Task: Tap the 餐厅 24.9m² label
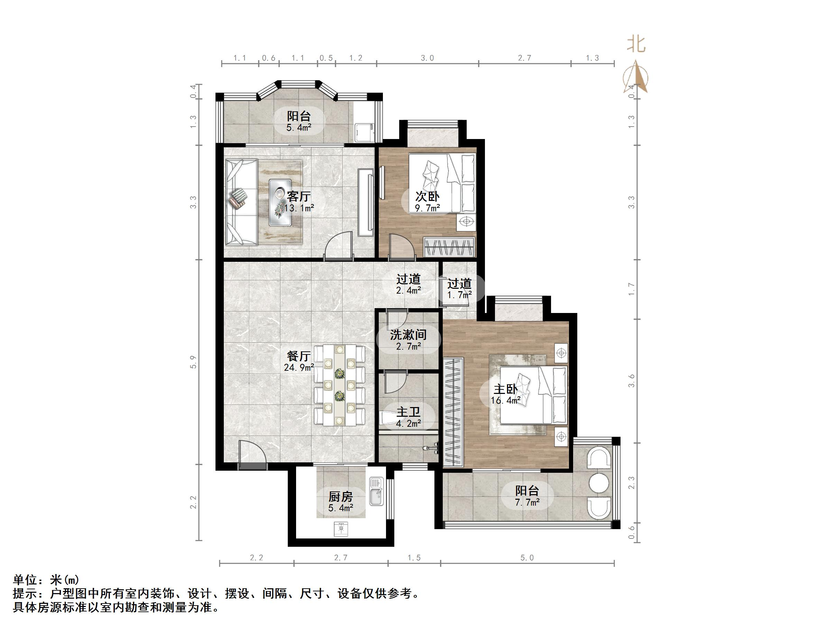[x=298, y=361]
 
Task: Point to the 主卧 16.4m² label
[x=505, y=395]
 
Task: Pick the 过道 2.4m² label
[x=408, y=284]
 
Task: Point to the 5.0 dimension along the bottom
[x=527, y=558]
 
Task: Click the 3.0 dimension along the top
[x=427, y=58]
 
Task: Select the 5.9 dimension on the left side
[x=193, y=362]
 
